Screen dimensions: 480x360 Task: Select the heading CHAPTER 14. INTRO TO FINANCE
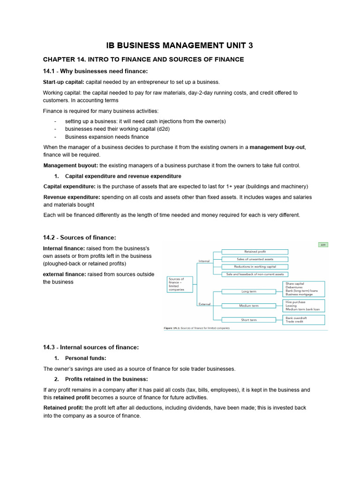coord(143,59)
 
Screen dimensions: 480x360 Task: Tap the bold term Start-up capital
coord(63,82)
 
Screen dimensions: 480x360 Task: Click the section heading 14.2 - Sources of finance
coord(80,238)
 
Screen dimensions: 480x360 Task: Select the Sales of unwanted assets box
coord(255,259)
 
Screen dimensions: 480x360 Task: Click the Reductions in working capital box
coord(255,266)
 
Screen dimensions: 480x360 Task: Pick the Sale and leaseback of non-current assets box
coord(255,274)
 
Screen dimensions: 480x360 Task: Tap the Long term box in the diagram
coord(248,291)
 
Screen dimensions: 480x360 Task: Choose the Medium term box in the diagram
coord(248,306)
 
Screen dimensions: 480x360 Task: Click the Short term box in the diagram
coord(248,320)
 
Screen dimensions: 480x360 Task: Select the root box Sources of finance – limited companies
coord(179,285)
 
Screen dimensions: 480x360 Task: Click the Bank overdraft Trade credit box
coord(304,320)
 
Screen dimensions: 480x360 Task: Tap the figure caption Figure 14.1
coord(196,328)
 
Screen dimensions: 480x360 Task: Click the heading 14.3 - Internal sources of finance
coord(90,347)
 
